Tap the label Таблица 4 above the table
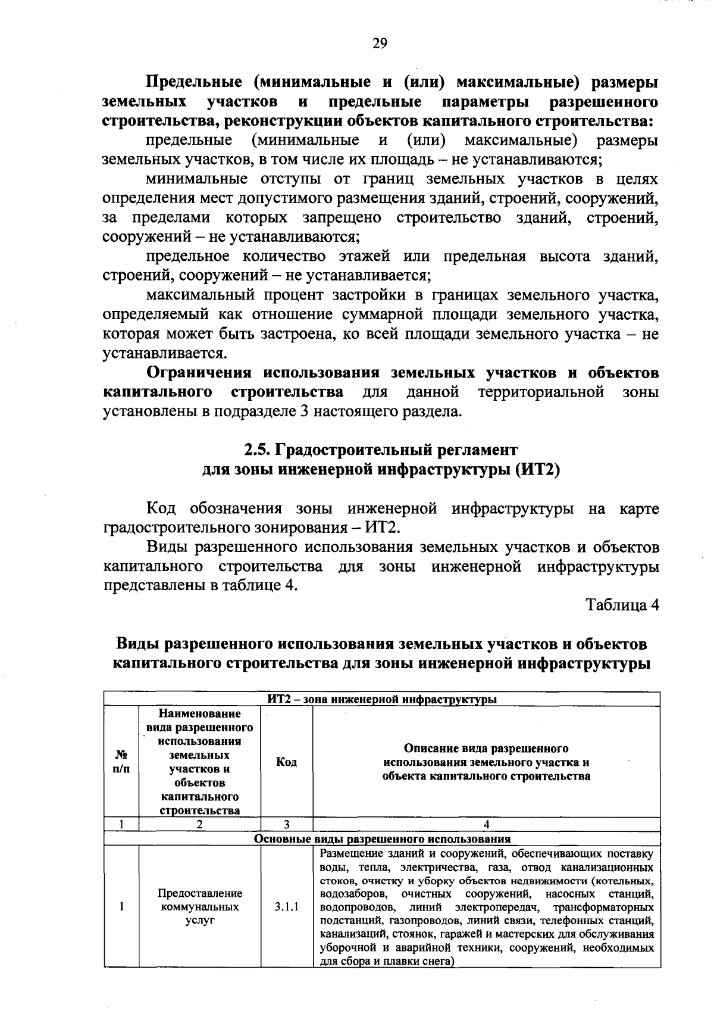point(623,605)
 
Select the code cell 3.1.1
point(286,907)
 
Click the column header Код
point(286,762)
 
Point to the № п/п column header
point(121,762)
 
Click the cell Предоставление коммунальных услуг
point(199,907)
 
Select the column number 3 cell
point(286,825)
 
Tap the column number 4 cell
point(486,825)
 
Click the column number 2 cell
point(199,825)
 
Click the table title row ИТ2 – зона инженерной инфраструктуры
point(381,700)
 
